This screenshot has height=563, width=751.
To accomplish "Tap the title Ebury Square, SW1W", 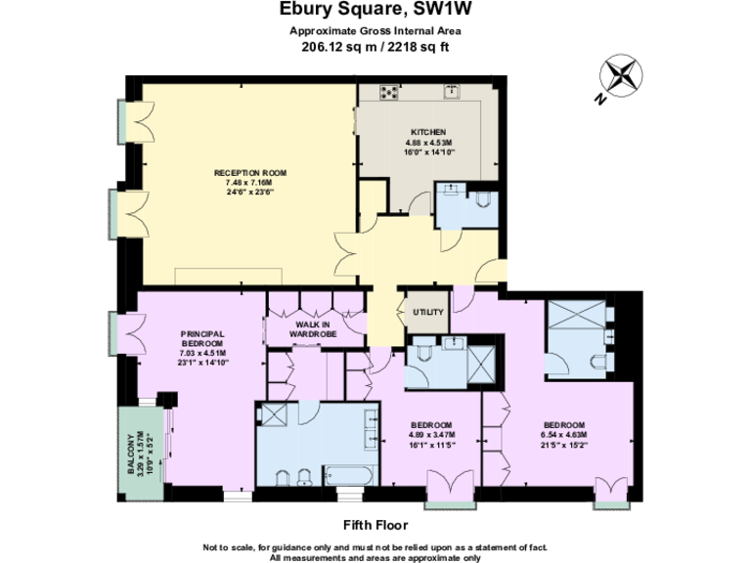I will pos(375,11).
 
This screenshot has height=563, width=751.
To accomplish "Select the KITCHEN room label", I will pos(428,132).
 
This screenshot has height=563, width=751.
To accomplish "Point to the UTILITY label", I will pos(428,313).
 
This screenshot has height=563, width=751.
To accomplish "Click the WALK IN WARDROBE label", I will pos(313,329).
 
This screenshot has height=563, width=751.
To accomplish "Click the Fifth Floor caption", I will pos(375,524).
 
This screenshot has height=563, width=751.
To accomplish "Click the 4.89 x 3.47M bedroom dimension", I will pos(430,434).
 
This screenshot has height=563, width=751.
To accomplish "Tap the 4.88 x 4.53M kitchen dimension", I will pos(428,143).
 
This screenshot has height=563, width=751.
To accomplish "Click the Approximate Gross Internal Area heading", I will pos(375,30).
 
